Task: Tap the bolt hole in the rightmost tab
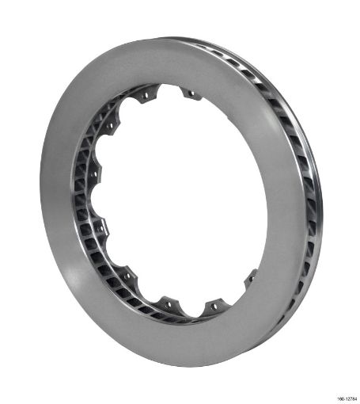[x=252, y=276]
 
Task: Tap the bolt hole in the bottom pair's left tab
[x=168, y=302]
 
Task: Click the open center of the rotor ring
[x=178, y=198]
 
